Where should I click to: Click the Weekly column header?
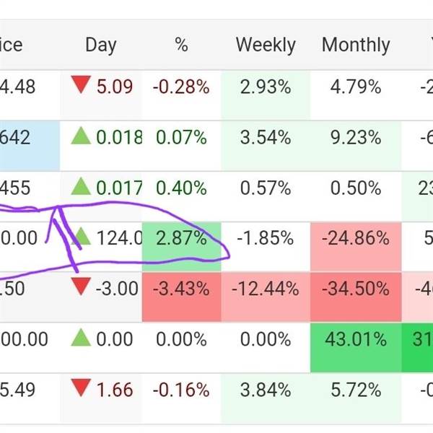point(266,45)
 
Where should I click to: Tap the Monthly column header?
point(356,45)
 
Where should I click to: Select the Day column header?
point(100,45)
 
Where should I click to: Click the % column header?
point(181,45)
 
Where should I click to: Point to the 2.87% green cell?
point(181,237)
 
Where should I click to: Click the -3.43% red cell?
point(181,289)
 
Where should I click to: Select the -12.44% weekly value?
point(266,289)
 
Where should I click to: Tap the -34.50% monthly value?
point(356,289)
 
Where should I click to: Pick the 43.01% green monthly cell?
point(356,339)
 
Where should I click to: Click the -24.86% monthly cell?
point(356,237)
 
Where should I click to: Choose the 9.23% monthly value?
point(356,136)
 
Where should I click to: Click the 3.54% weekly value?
point(266,136)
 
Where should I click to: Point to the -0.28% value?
point(181,87)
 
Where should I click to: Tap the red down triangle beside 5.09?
point(79,87)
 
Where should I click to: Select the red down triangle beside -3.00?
point(79,288)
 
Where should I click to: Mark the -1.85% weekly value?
point(266,237)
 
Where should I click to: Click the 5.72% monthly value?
point(356,390)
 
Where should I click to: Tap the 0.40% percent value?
point(181,188)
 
